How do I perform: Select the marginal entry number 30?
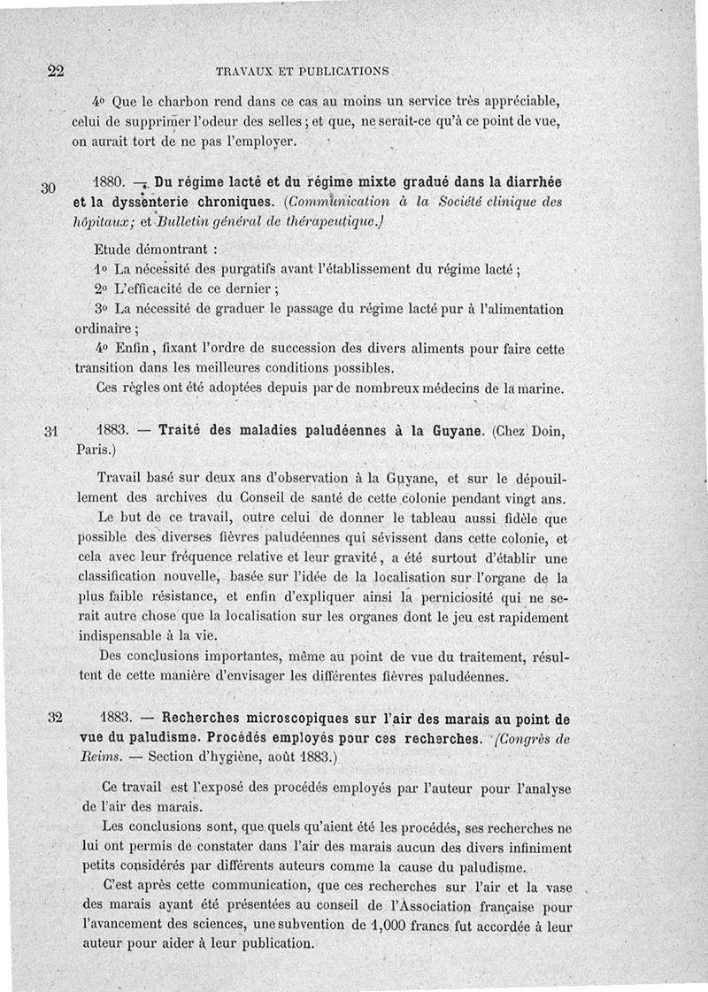tap(49, 188)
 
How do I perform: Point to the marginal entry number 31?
tap(50, 432)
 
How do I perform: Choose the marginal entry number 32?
tap(50, 717)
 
